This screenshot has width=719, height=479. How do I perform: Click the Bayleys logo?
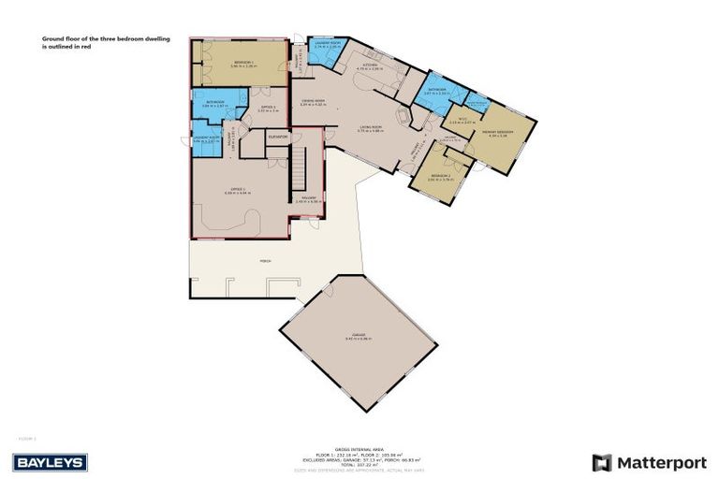click(50, 462)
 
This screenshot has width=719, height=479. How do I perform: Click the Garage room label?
click(359, 338)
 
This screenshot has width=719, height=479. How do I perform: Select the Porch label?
click(265, 261)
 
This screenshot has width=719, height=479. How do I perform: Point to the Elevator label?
click(276, 137)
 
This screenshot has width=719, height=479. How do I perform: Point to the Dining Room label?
click(313, 102)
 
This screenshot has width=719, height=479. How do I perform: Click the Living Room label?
click(372, 129)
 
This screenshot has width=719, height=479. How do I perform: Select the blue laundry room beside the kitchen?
click(328, 51)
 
